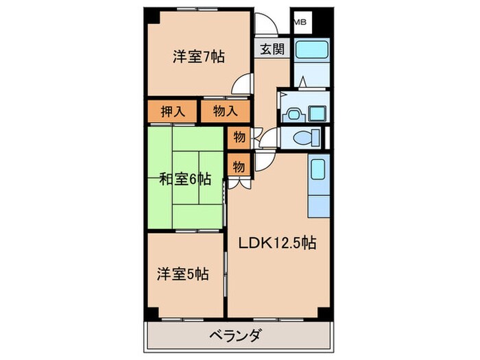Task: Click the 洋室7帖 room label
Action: tap(197, 58)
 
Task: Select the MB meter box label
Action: tap(300, 22)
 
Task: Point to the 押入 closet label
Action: tap(172, 112)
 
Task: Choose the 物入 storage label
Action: tap(225, 112)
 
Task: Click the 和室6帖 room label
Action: tap(184, 179)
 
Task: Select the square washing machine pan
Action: tap(317, 113)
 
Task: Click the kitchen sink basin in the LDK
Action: tap(319, 168)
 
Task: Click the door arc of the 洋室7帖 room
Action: tap(240, 85)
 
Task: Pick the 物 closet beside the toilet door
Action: tap(239, 137)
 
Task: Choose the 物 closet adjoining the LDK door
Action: tap(239, 166)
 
